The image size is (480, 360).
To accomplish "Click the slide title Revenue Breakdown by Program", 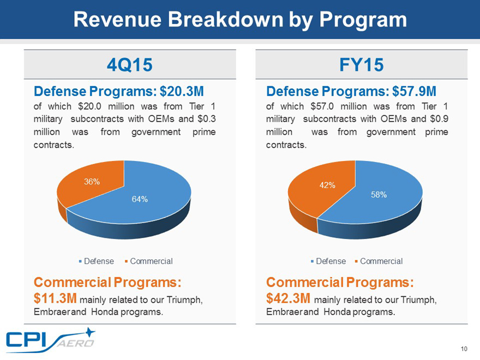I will coord(240,20).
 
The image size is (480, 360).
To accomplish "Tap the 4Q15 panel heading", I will coord(129,65).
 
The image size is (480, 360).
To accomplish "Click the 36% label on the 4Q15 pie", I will coord(91,182).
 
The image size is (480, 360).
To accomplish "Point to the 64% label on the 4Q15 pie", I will coord(140,199).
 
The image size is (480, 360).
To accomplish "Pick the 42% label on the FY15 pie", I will coord(327,185).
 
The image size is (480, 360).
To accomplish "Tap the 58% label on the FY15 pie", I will coord(379,195).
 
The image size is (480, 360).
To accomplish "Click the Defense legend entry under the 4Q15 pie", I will coord(99,261).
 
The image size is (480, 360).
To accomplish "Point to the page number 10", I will coord(464,350).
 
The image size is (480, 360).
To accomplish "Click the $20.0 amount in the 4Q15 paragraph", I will coord(91,106).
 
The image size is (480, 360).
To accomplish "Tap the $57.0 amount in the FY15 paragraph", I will coord(322,106).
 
